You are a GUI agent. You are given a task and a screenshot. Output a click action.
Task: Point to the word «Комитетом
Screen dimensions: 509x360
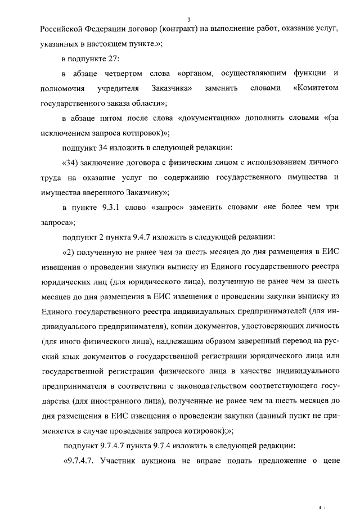316,88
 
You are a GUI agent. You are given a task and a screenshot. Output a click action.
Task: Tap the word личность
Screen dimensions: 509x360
319,326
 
